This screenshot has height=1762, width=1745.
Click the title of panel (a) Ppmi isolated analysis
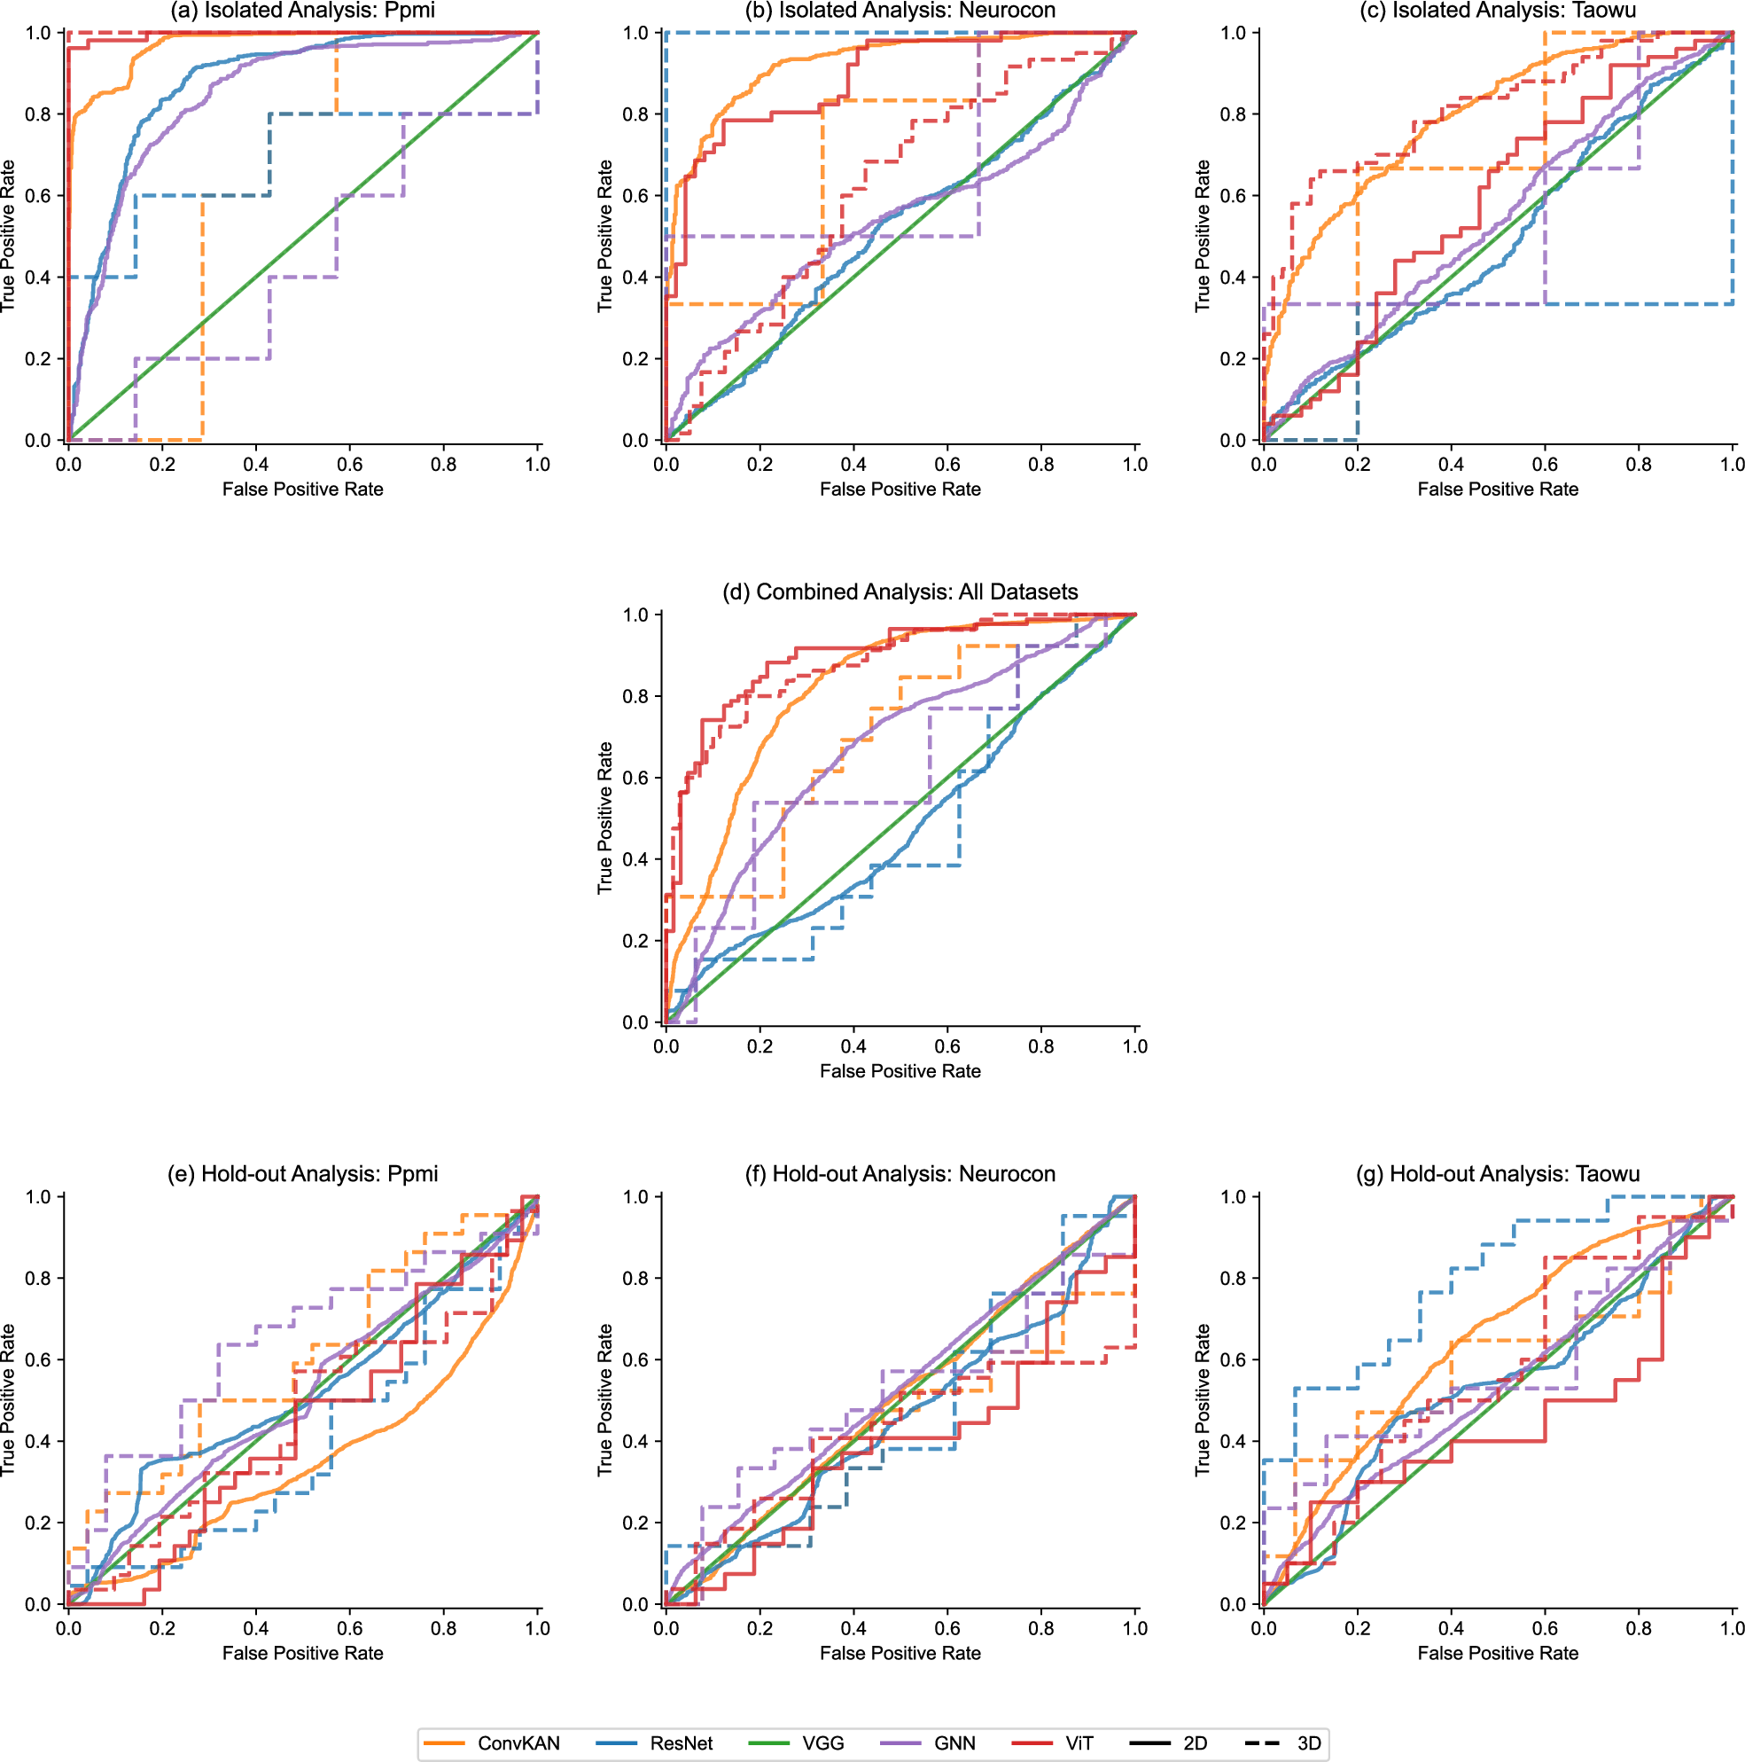tap(303, 11)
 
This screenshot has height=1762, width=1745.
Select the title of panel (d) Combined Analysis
tap(900, 591)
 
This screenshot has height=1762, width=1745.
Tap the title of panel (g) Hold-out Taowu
tap(1498, 1174)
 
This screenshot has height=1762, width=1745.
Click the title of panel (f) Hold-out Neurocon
tap(900, 1174)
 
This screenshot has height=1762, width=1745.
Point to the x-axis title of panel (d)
tap(900, 1070)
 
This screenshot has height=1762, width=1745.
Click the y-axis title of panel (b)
tap(604, 236)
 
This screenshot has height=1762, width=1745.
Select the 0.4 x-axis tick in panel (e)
tap(256, 1628)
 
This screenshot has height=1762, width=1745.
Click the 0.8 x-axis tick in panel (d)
tap(1041, 1046)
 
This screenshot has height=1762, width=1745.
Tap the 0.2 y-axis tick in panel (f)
tap(635, 1523)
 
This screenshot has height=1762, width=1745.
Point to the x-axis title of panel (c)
tap(1498, 489)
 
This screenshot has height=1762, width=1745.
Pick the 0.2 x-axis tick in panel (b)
tap(760, 464)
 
